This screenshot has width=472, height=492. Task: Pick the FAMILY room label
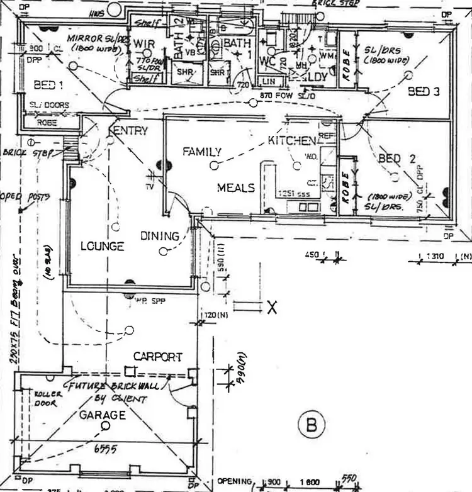pos(201,152)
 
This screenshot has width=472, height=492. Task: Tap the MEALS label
pos(236,187)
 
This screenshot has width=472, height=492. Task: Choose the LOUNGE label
pos(101,247)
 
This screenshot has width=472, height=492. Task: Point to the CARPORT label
pos(157,357)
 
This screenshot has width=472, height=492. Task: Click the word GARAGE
pos(102,415)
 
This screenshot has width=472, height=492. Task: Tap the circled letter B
pos(311,425)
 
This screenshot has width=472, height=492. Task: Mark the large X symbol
pos(272,307)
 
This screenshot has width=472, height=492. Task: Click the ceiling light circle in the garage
pos(105,426)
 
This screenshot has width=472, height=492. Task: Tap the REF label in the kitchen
pos(326,135)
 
